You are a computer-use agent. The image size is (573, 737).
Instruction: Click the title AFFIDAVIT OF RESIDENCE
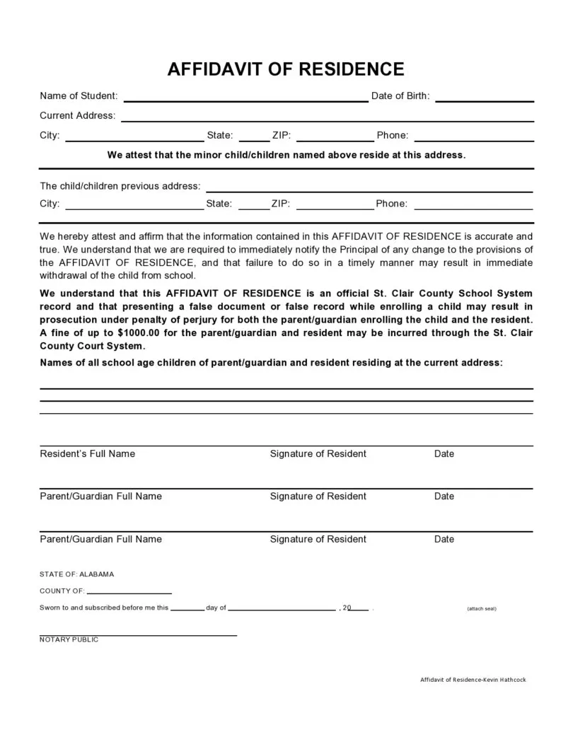[286, 69]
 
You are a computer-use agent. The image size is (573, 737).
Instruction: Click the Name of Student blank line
[245, 98]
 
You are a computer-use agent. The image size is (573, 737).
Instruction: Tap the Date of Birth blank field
[484, 98]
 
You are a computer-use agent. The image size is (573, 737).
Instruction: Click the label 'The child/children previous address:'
[120, 186]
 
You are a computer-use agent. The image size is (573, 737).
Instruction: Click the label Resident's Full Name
[87, 453]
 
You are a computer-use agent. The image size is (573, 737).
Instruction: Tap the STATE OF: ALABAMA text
[76, 574]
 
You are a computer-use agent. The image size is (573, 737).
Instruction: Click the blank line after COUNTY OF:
[129, 591]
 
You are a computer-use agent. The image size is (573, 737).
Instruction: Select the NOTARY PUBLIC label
[69, 639]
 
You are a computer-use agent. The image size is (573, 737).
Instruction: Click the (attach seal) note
[481, 608]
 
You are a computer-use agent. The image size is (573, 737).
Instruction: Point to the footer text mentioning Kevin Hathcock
[473, 680]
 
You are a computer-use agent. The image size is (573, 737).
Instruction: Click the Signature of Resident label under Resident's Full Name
[318, 453]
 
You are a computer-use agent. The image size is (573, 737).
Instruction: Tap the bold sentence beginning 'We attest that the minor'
[286, 154]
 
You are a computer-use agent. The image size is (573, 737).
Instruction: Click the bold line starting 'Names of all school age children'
[271, 362]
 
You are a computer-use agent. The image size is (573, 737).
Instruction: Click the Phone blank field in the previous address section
[473, 207]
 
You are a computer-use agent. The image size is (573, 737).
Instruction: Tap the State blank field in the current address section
[254, 138]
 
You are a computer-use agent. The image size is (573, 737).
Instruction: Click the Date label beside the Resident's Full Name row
[444, 453]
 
